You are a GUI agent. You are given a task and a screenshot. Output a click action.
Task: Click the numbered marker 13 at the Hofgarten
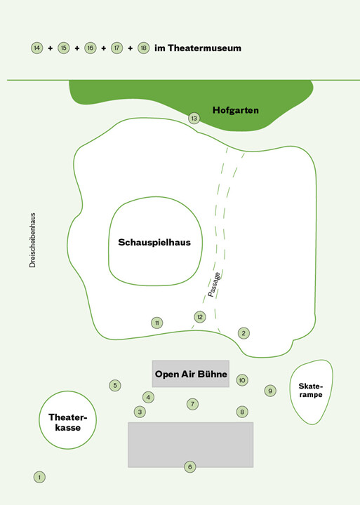[x=194, y=119]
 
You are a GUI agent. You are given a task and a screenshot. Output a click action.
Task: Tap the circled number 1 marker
[x=39, y=477]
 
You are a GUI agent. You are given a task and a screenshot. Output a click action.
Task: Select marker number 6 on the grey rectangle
[x=190, y=466]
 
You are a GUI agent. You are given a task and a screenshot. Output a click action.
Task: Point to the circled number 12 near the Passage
[x=200, y=317]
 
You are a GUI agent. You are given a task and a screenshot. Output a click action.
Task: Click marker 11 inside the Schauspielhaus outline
[x=157, y=323]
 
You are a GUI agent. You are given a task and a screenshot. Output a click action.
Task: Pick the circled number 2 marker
[x=244, y=333]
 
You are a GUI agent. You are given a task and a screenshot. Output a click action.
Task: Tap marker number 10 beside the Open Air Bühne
[x=242, y=380]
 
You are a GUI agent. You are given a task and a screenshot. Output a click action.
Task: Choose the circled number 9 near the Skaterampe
[x=270, y=391]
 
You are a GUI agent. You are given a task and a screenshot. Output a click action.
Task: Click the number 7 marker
[x=192, y=404]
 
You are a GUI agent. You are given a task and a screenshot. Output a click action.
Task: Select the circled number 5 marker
[x=115, y=386]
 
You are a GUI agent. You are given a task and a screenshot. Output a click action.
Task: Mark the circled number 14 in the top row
[x=37, y=48]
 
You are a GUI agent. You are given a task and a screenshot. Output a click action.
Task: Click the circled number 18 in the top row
[x=143, y=48]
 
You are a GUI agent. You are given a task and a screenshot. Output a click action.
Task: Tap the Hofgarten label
[x=236, y=110]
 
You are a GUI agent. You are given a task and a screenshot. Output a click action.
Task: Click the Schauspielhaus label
[x=154, y=242]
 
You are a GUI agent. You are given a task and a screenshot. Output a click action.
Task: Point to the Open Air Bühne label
[x=191, y=374]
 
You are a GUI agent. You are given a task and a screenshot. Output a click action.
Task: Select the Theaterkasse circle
[x=67, y=420]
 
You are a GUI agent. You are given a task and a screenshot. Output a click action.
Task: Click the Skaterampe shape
[x=311, y=391]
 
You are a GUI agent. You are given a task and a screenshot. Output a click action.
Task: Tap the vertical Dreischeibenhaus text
[x=32, y=241]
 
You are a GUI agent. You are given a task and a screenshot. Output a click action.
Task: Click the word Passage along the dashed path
[x=214, y=285]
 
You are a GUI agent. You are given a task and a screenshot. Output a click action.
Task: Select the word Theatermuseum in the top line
[x=204, y=48]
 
